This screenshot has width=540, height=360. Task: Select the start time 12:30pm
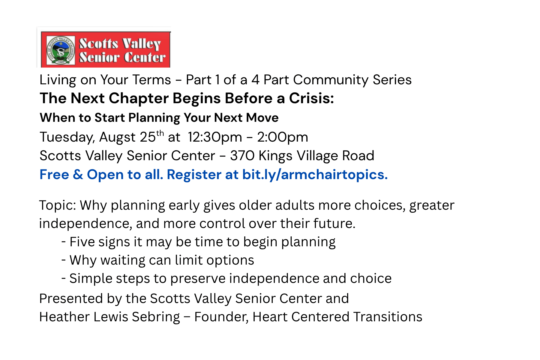tap(215, 137)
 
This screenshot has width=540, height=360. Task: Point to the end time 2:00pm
tap(283, 137)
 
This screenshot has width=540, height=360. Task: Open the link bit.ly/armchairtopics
tap(315, 175)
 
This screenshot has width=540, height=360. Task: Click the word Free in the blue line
tap(54, 175)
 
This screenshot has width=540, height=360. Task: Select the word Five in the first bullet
tap(82, 242)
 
